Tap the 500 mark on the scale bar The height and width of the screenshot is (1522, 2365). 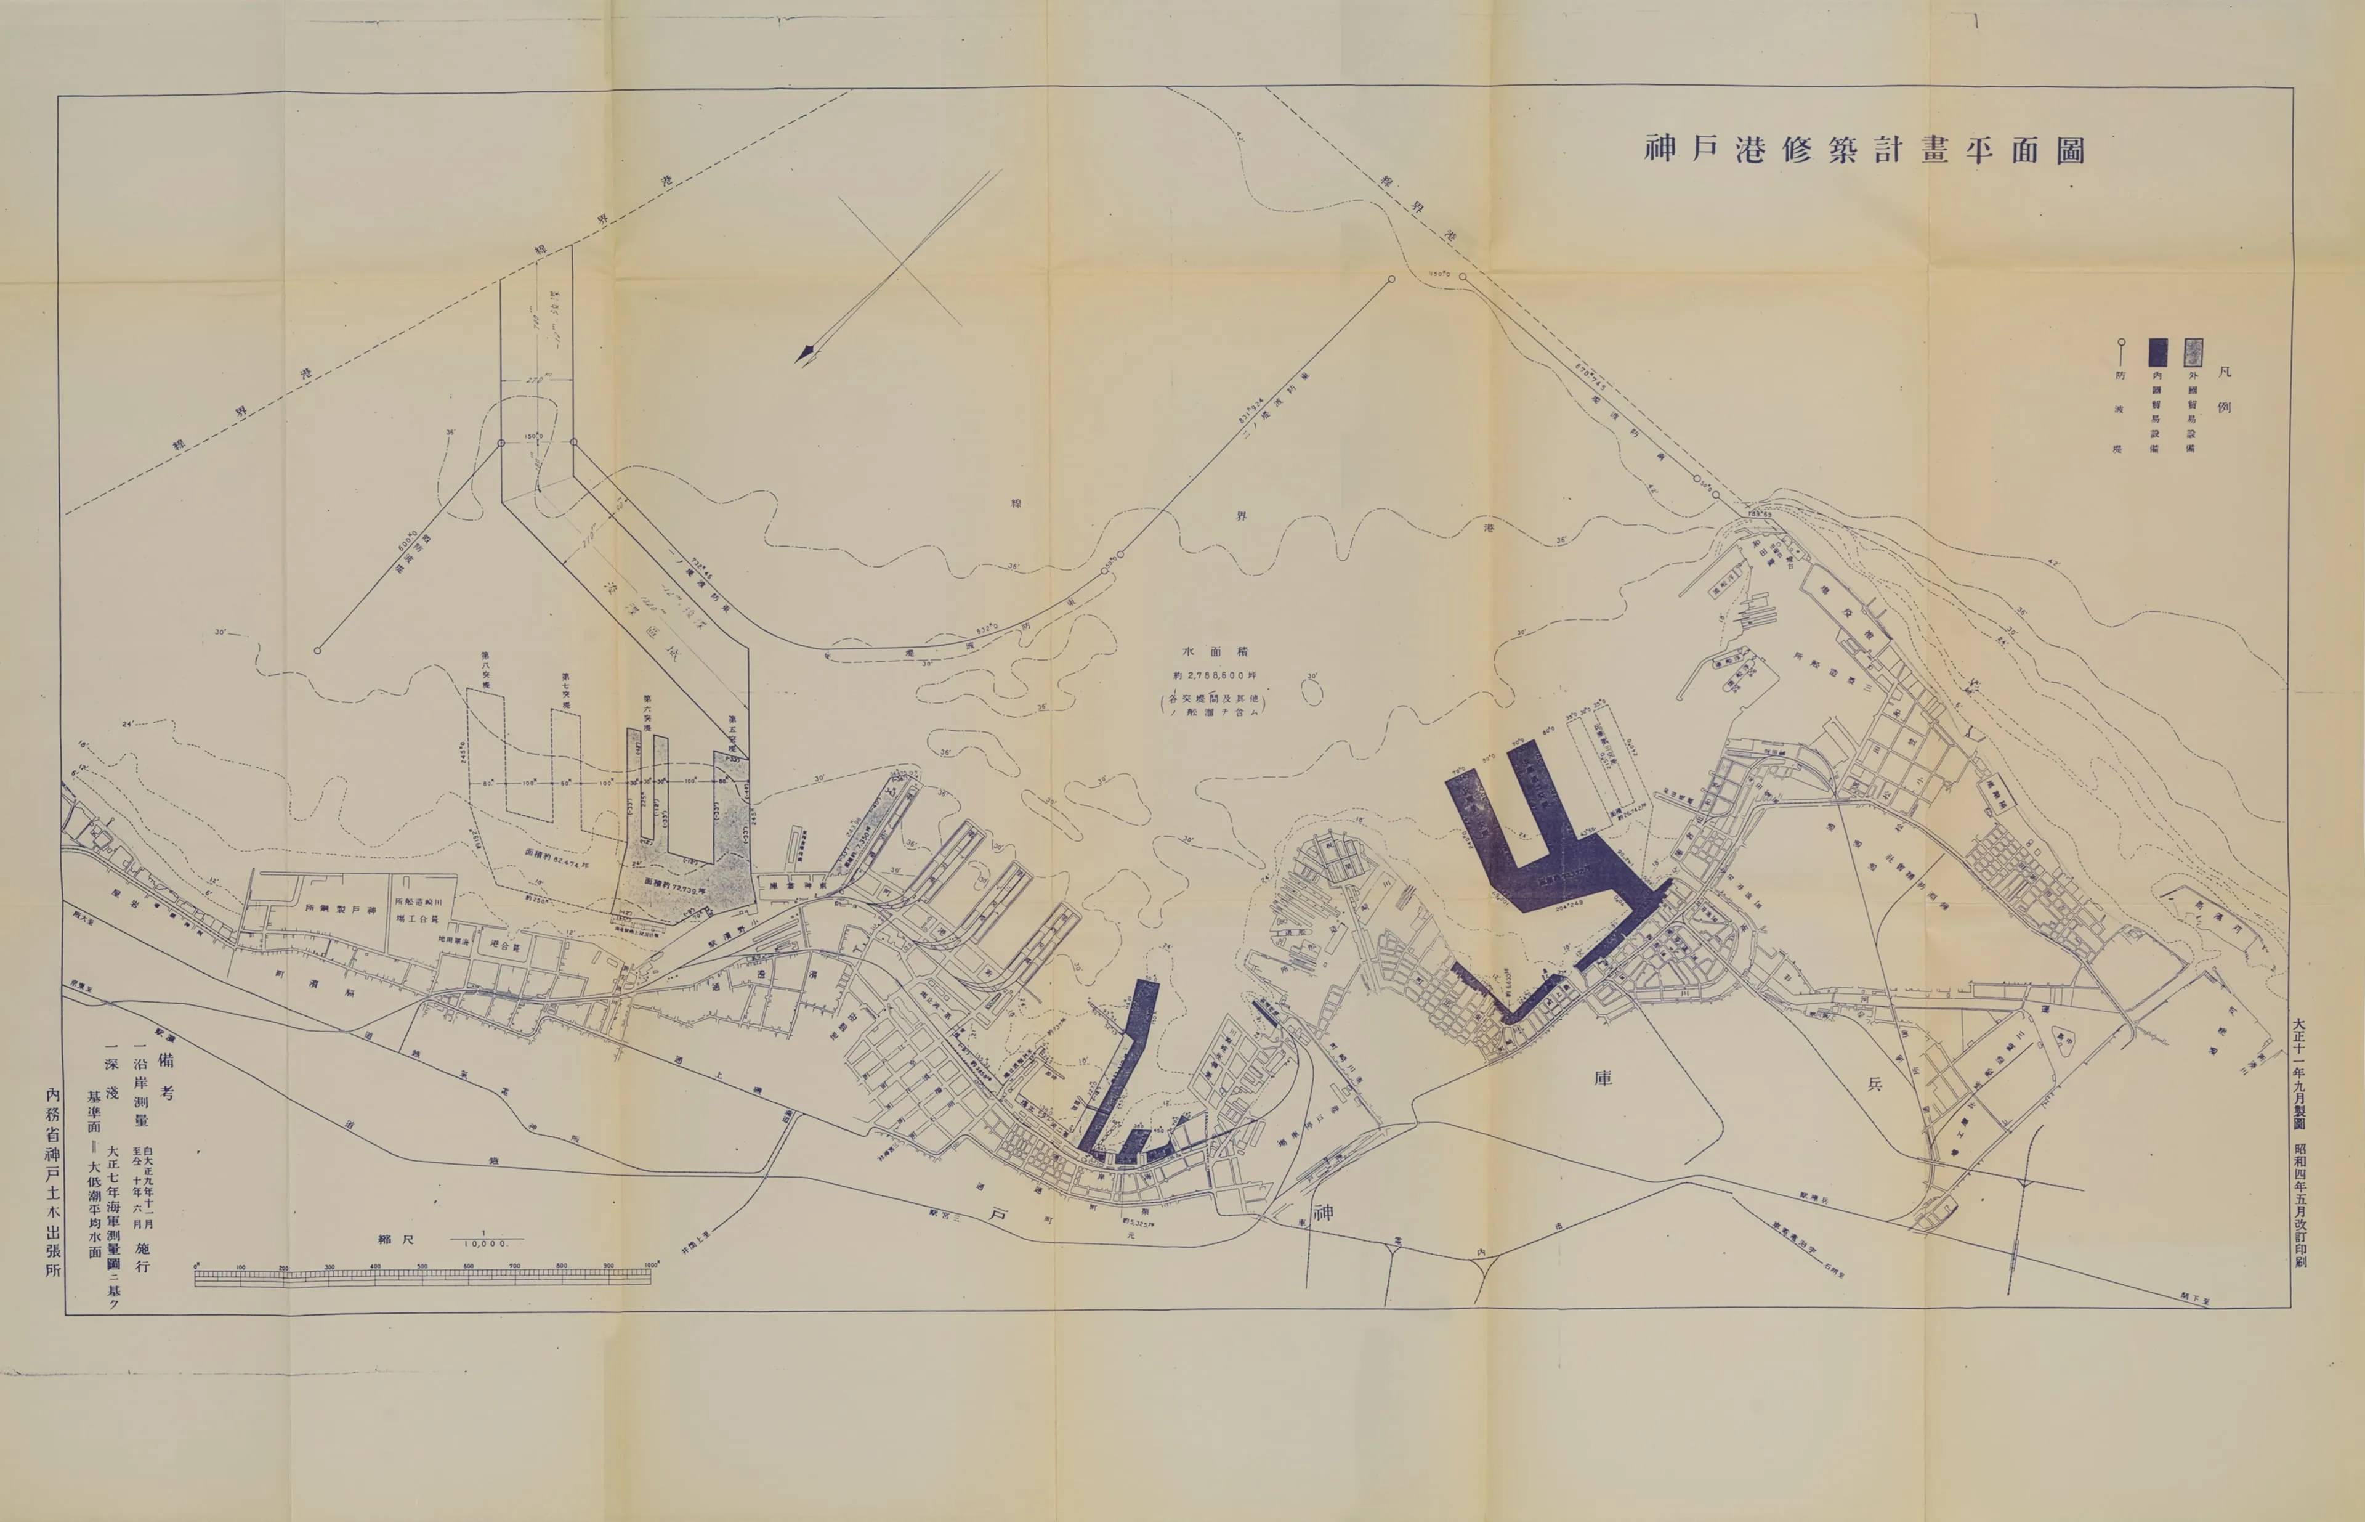click(x=422, y=1266)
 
